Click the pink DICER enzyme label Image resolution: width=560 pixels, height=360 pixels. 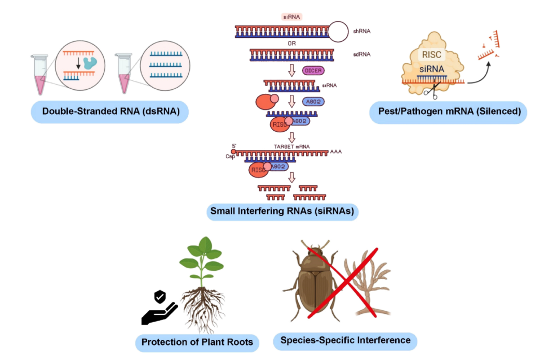(313, 71)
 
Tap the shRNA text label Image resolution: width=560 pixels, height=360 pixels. (361, 32)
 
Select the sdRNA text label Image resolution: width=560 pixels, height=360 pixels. (361, 54)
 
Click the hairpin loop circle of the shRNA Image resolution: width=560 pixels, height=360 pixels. (338, 32)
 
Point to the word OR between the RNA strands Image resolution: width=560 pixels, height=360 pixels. (292, 43)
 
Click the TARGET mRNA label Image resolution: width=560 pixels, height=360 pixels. (291, 146)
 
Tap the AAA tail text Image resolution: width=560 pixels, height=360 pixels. (335, 152)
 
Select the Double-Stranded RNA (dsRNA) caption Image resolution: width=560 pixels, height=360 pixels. (111, 112)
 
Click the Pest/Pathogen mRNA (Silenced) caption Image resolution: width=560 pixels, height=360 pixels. (449, 112)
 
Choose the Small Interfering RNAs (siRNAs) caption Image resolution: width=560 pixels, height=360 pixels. (282, 211)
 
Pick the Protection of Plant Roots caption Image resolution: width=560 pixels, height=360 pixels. (197, 342)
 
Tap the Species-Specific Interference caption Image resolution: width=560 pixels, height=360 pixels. (345, 340)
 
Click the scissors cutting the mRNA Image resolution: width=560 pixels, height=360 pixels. (431, 91)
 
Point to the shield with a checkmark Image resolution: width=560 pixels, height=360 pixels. (160, 296)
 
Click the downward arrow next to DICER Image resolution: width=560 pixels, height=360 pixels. (292, 71)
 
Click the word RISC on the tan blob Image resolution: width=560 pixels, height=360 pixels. (431, 54)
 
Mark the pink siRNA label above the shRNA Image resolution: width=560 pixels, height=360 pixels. (291, 17)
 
